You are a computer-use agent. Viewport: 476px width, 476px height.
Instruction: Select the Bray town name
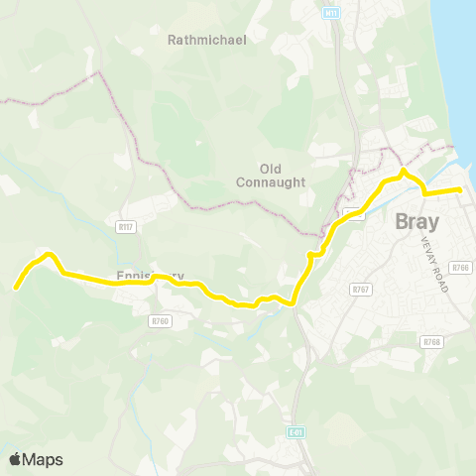pos(416,222)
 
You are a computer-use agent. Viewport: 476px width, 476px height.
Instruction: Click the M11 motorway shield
pos(331,12)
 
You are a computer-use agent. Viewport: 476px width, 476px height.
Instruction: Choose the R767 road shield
pos(360,289)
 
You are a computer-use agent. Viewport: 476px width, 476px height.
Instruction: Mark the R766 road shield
pos(459,268)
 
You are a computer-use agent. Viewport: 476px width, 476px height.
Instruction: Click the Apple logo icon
pos(15,459)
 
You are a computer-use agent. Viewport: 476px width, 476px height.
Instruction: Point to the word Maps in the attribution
pos(43,459)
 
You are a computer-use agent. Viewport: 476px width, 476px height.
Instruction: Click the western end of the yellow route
pos(16,288)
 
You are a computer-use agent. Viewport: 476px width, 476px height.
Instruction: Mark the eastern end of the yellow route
pos(460,188)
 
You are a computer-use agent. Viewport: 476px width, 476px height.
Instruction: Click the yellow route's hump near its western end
pos(44,256)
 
